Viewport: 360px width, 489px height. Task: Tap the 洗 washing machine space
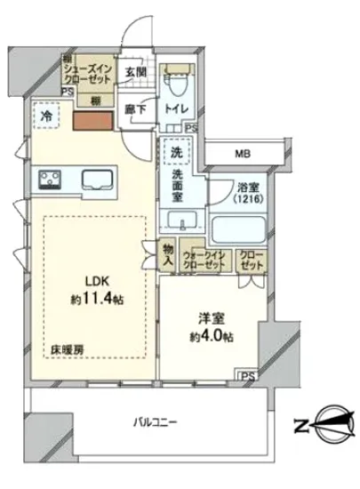pos(176,152)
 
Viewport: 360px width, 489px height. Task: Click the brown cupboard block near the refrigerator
pos(91,124)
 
